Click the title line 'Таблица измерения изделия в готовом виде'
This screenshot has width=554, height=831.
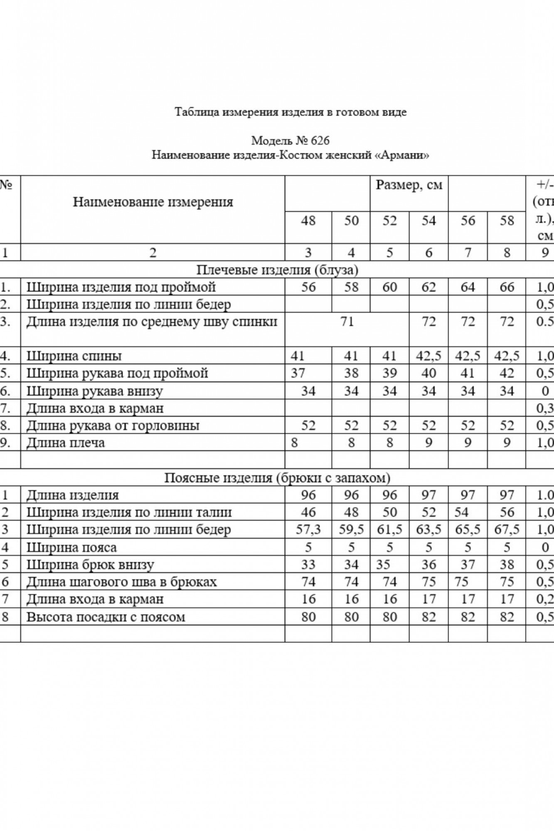click(x=291, y=112)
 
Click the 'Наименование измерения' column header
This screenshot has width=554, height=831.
click(x=153, y=202)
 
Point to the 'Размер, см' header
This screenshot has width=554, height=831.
click(x=409, y=185)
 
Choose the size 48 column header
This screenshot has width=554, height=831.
click(x=308, y=221)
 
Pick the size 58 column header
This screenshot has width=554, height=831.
click(x=507, y=221)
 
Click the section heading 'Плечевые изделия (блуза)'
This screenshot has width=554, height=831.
click(x=277, y=270)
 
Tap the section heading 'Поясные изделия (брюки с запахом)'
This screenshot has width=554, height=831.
click(x=277, y=478)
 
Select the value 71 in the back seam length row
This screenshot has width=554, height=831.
click(x=347, y=322)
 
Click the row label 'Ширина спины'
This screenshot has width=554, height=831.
click(x=74, y=356)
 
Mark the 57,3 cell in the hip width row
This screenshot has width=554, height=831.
click(x=308, y=530)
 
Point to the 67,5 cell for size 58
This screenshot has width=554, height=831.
click(x=507, y=530)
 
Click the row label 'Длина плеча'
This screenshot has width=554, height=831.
click(x=66, y=443)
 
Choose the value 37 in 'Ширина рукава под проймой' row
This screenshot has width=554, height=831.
click(x=298, y=373)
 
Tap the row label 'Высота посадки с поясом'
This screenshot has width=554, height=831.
click(x=106, y=617)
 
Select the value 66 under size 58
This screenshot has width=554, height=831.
click(x=507, y=288)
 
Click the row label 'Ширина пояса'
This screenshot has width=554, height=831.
click(x=71, y=548)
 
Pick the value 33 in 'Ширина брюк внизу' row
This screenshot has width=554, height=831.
click(x=308, y=565)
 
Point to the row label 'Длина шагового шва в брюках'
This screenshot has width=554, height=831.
click(x=121, y=582)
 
